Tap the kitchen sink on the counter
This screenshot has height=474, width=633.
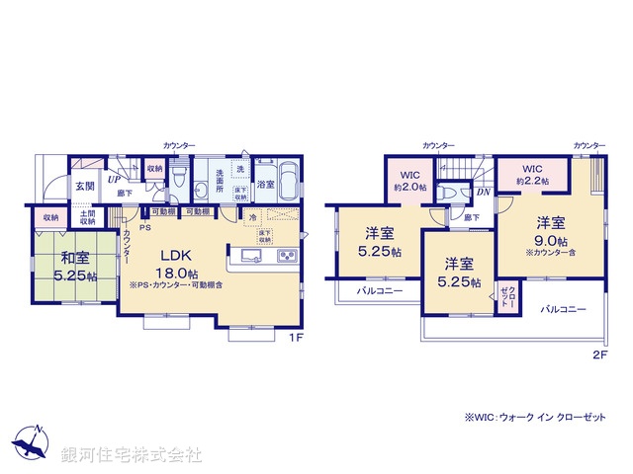[248, 258]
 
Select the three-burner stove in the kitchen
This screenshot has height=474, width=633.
[286, 258]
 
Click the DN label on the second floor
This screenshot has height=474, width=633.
[484, 194]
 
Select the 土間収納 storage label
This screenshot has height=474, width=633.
[87, 218]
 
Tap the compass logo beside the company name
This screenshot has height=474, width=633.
[32, 445]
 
